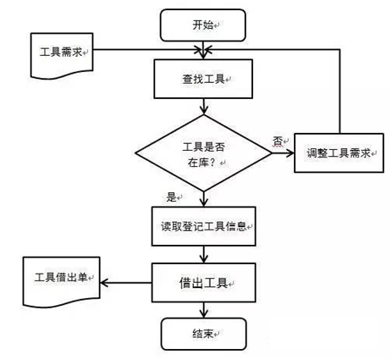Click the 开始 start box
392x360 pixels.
pos(203,25)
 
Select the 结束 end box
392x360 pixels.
pos(203,334)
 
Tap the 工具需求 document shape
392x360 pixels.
pos(62,55)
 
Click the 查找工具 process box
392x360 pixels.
pos(203,79)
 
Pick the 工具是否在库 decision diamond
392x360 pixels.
pos(203,153)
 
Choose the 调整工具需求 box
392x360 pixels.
pos(339,152)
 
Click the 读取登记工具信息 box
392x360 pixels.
pos(204,226)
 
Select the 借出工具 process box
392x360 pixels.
pos(204,283)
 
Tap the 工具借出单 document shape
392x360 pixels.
pos(62,282)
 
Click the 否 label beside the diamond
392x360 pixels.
pos(278,141)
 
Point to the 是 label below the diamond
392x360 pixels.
pos(171,197)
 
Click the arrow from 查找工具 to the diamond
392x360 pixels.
pos(203,107)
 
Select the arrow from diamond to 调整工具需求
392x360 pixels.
pos(283,153)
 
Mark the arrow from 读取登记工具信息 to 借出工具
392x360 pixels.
pos(203,254)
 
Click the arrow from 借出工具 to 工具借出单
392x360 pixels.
pos(126,283)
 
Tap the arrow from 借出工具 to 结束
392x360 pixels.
pos(203,310)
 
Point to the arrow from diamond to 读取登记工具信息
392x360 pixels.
pos(203,199)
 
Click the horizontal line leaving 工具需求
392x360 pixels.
pos(147,50)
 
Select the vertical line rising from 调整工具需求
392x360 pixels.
pos(340,91)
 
